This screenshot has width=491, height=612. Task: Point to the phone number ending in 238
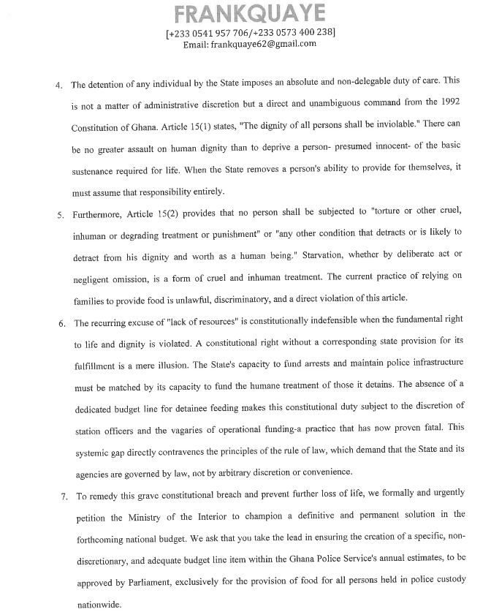tap(297, 32)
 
